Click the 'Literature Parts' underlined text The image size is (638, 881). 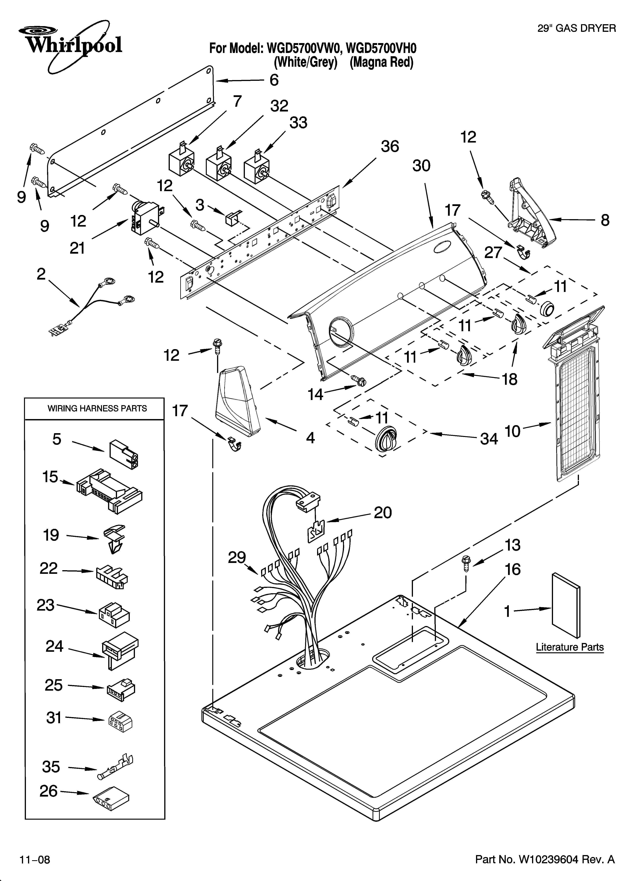(x=570, y=648)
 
